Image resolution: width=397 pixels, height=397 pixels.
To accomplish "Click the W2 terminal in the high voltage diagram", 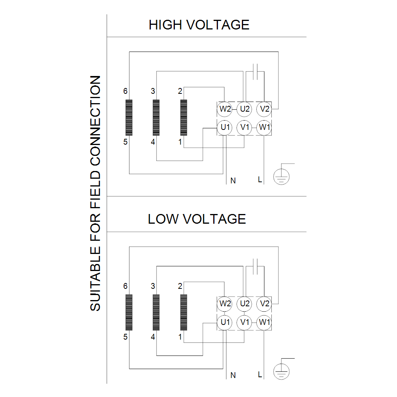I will point(225,109).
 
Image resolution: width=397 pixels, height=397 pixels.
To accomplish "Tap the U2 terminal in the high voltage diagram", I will point(244,109).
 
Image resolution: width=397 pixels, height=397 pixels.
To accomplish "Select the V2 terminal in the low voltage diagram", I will point(264,304).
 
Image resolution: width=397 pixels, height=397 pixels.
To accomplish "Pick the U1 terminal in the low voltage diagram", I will point(225,322).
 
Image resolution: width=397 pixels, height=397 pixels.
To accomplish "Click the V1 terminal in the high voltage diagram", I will point(244,127).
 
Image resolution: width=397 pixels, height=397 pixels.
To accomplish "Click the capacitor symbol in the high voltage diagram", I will point(255,72).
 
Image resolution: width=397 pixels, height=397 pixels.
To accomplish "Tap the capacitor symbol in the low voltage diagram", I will point(255,266).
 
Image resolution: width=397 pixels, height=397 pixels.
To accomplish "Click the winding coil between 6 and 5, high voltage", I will point(129,117).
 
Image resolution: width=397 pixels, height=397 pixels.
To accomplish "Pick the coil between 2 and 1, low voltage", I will point(184,312).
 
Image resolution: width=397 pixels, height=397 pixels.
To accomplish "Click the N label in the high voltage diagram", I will point(233,181).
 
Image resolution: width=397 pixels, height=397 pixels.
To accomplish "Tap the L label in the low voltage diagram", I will point(260,375).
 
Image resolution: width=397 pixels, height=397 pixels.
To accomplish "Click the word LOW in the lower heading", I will point(163,219).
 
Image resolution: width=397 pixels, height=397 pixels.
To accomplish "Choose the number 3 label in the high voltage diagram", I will point(153,91).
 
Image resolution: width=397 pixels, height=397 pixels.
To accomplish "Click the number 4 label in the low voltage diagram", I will point(153,337).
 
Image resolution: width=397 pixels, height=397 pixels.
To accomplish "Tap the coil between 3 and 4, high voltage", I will point(156,117).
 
